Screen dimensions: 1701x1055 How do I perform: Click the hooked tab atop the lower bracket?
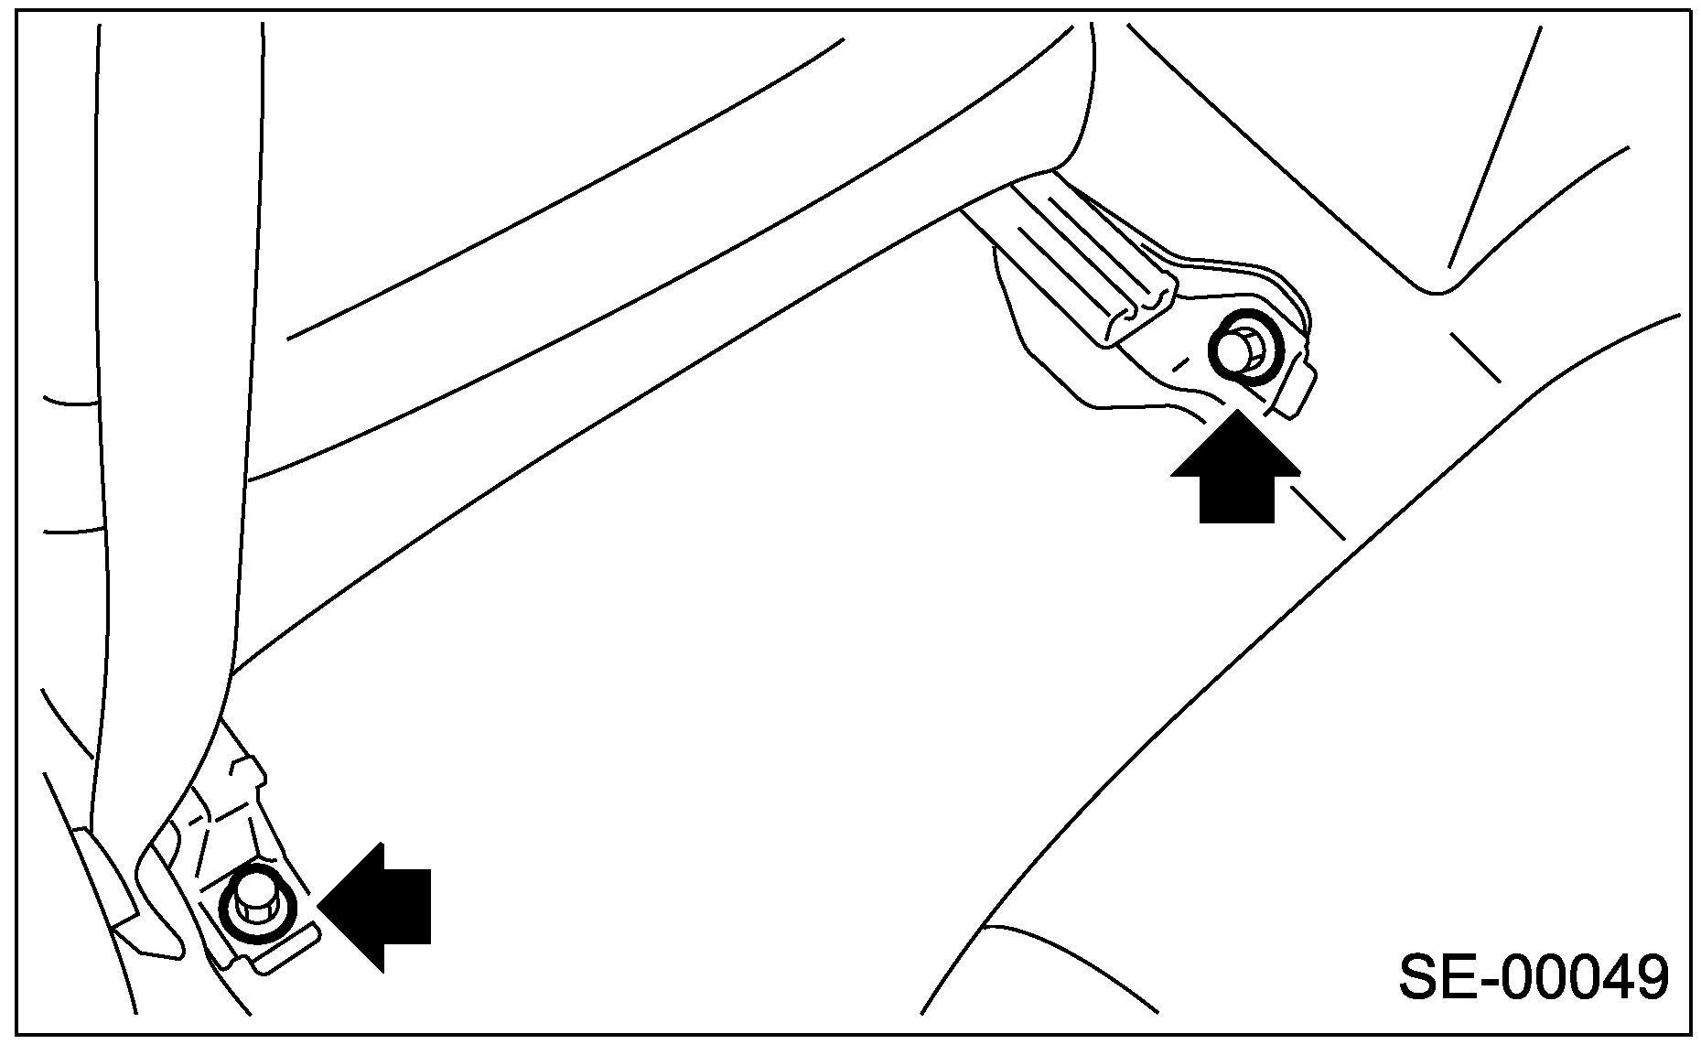point(247,769)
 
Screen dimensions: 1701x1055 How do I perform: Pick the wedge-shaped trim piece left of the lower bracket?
point(105,878)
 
